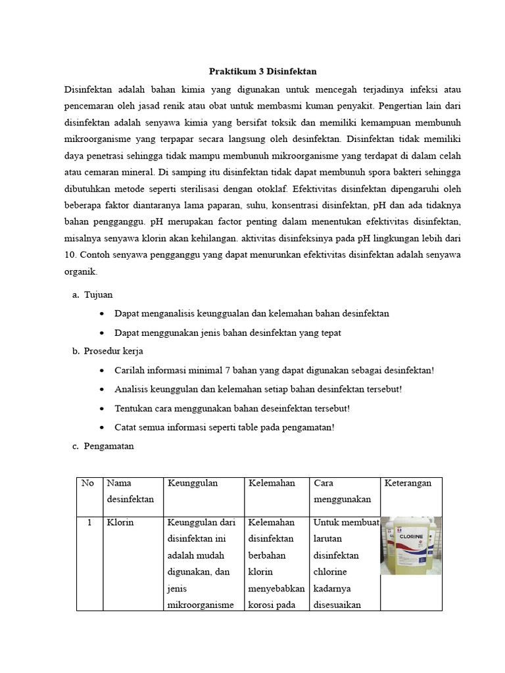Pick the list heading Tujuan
pyautogui.click(x=99, y=294)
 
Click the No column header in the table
pyautogui.click(x=87, y=483)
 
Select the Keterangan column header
pyautogui.click(x=408, y=483)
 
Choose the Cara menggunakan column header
pyautogui.click(x=342, y=491)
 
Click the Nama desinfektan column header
pyautogui.click(x=130, y=491)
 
